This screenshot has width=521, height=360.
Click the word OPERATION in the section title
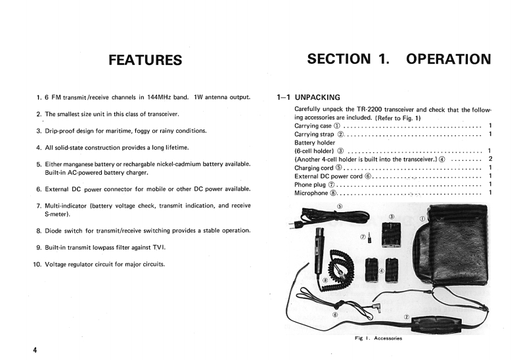(x=448, y=58)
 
